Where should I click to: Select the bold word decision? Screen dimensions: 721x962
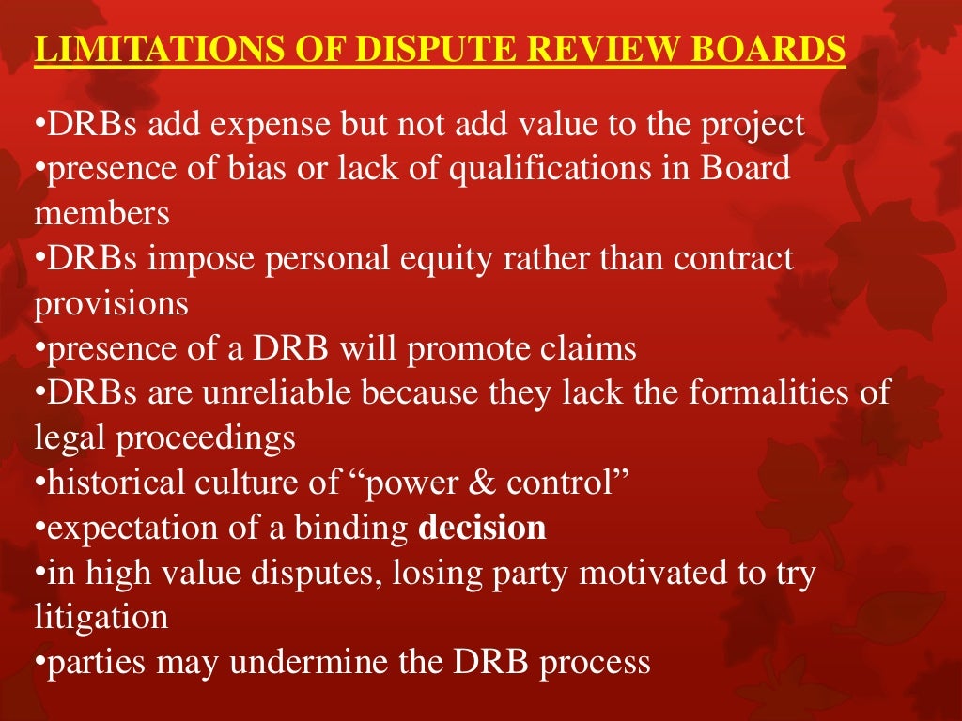[482, 528]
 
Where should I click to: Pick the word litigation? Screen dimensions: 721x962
[101, 618]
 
